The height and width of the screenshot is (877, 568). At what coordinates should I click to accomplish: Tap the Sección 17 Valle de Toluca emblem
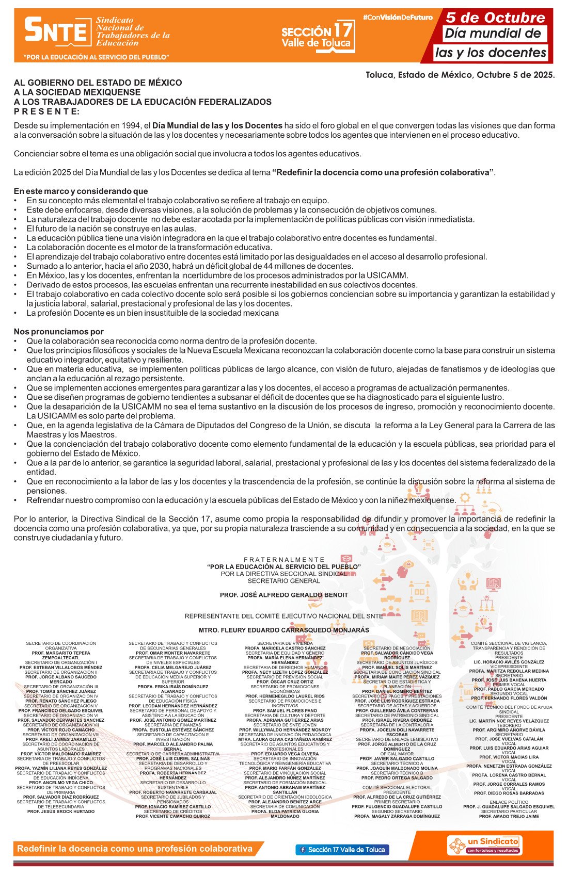click(x=318, y=36)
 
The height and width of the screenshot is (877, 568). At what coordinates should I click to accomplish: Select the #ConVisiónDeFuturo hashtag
click(x=398, y=18)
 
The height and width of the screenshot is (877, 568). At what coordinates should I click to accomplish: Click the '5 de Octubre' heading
click(x=495, y=18)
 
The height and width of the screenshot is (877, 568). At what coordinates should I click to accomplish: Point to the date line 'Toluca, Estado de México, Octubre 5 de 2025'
click(x=460, y=75)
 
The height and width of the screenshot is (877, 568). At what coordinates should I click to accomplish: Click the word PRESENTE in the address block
click(x=46, y=111)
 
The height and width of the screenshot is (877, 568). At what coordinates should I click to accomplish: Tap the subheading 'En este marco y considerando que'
click(x=81, y=191)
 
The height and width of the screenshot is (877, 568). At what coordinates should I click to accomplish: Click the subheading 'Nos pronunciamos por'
click(x=58, y=332)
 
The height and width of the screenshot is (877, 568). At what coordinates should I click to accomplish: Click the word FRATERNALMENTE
click(x=284, y=560)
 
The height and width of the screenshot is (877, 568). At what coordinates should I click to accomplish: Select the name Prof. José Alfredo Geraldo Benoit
click(x=284, y=595)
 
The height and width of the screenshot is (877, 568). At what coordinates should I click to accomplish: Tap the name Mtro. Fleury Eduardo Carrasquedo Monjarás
click(x=284, y=630)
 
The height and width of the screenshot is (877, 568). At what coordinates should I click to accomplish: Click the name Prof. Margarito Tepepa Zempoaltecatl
click(x=61, y=655)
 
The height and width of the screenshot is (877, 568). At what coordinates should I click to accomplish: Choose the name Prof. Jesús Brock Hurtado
click(x=61, y=811)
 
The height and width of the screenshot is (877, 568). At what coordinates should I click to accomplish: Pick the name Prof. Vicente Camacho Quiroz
click(x=173, y=816)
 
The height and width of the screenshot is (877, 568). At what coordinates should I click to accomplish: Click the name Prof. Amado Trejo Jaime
click(x=509, y=816)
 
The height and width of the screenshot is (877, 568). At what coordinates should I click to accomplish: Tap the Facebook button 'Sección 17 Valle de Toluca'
click(x=342, y=850)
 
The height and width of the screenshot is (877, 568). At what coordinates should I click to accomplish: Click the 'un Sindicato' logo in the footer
click(x=484, y=846)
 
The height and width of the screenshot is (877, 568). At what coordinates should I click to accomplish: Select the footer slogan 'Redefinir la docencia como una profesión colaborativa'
click(x=135, y=849)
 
